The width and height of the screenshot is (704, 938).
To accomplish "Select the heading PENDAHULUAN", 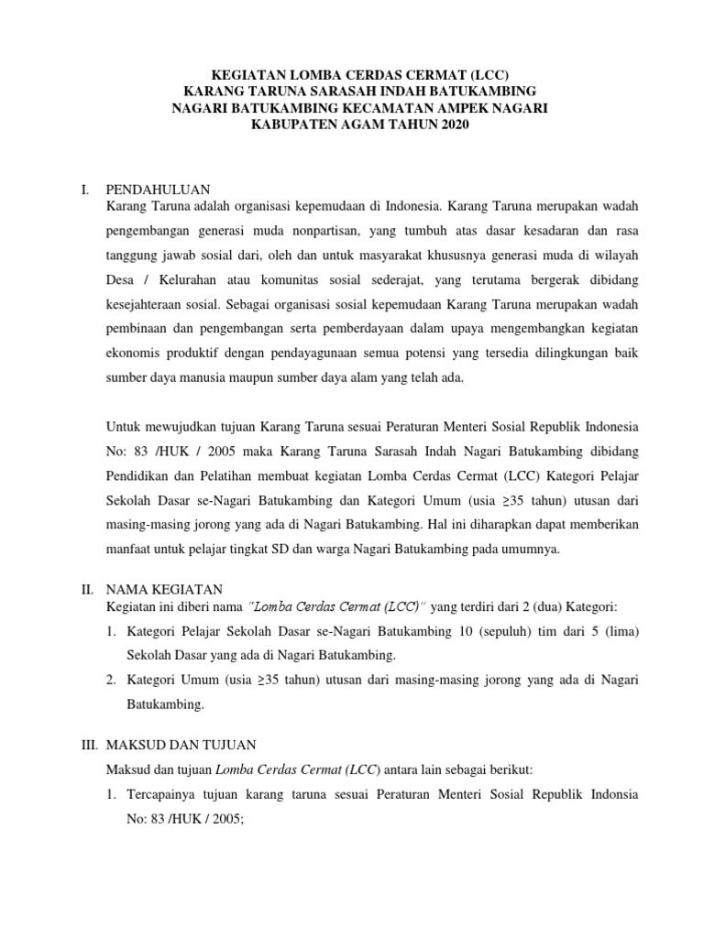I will tap(159, 190).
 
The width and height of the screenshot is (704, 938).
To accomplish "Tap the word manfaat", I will tap(129, 550).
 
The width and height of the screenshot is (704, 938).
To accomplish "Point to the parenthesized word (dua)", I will tap(549, 606).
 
